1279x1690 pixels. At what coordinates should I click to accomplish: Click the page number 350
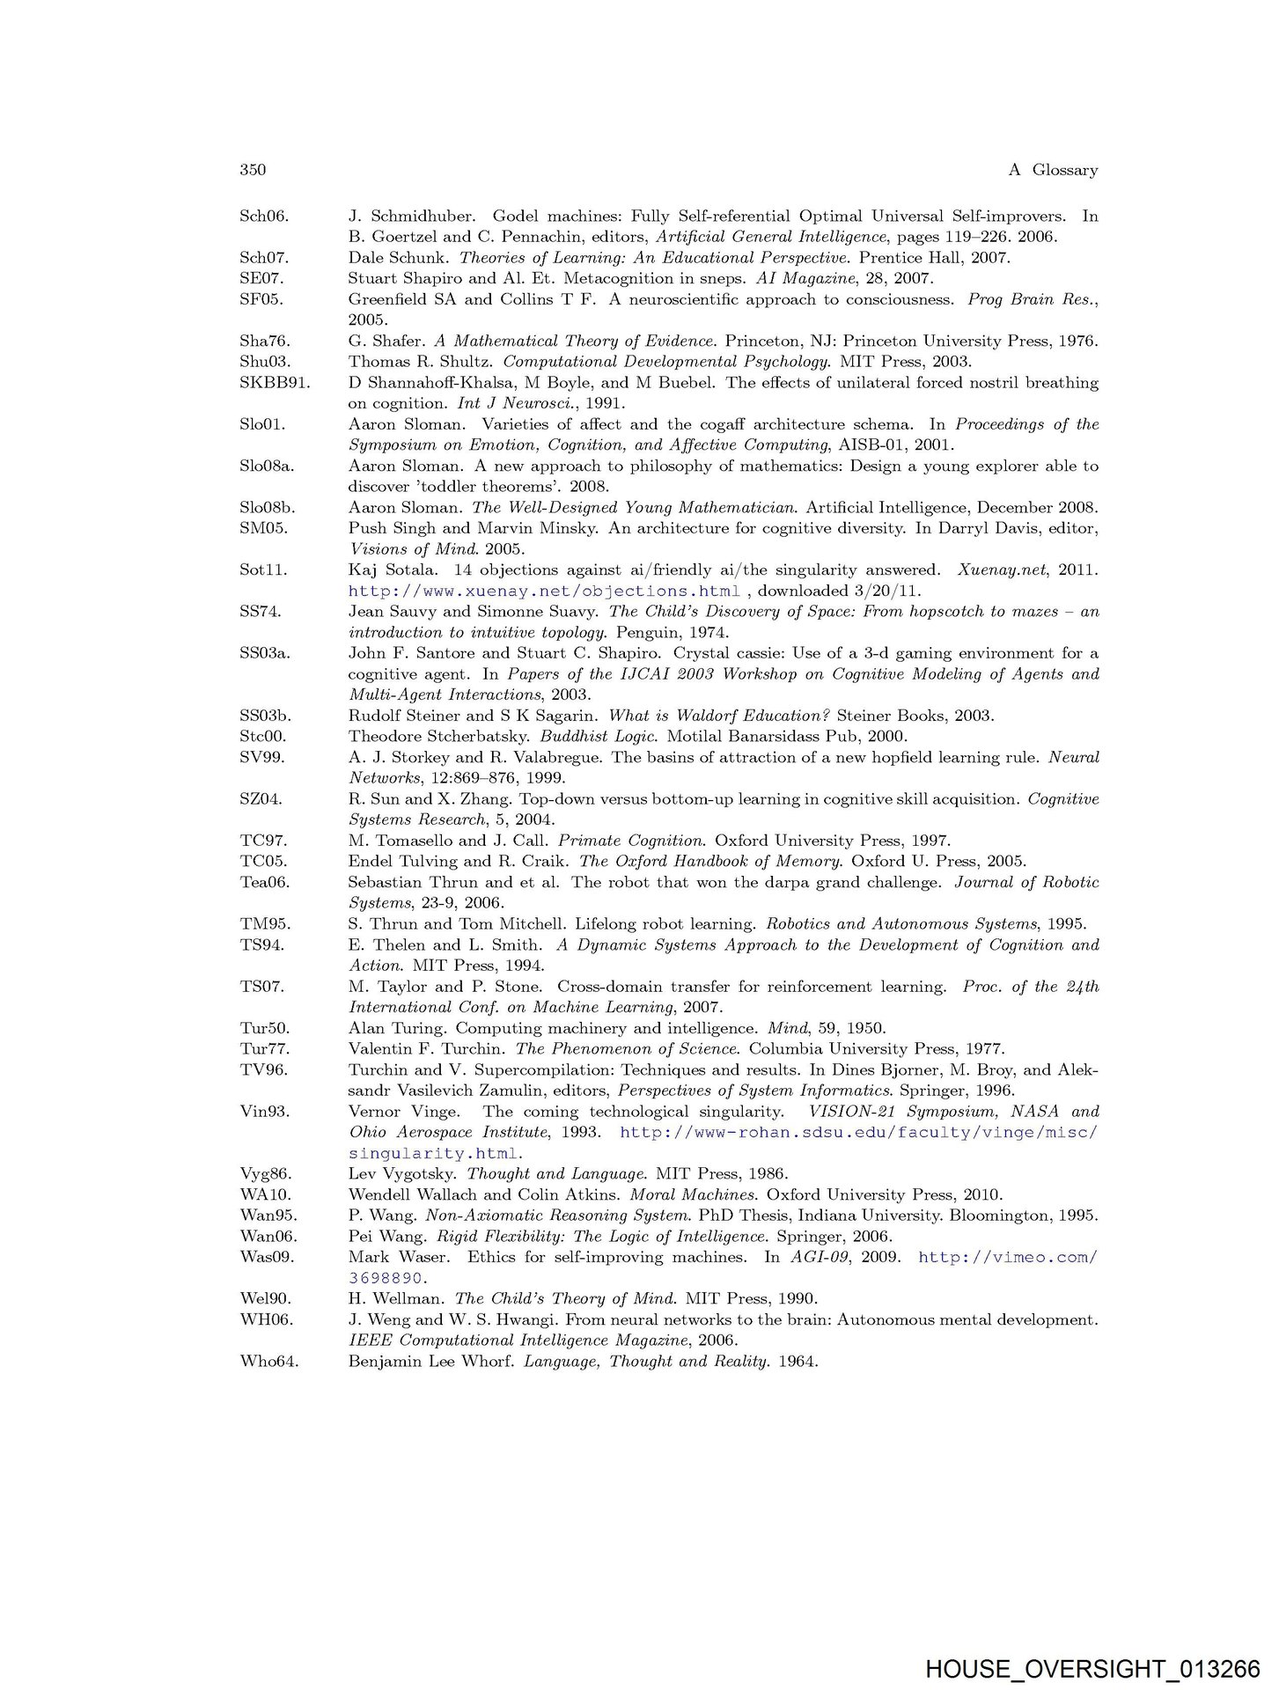pyautogui.click(x=253, y=170)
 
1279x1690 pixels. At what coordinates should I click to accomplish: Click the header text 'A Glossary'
pyautogui.click(x=1053, y=170)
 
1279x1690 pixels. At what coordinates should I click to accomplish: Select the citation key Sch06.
pyautogui.click(x=264, y=216)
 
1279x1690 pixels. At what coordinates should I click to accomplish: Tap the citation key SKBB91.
pyautogui.click(x=274, y=383)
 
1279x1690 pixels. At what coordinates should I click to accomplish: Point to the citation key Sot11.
pyautogui.click(x=263, y=569)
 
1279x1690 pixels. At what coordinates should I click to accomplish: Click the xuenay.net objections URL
pyautogui.click(x=544, y=591)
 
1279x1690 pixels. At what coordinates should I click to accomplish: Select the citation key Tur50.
pyautogui.click(x=265, y=1028)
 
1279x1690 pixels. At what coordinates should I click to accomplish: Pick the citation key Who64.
pyautogui.click(x=268, y=1362)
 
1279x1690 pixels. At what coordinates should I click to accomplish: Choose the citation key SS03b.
pyautogui.click(x=265, y=716)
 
